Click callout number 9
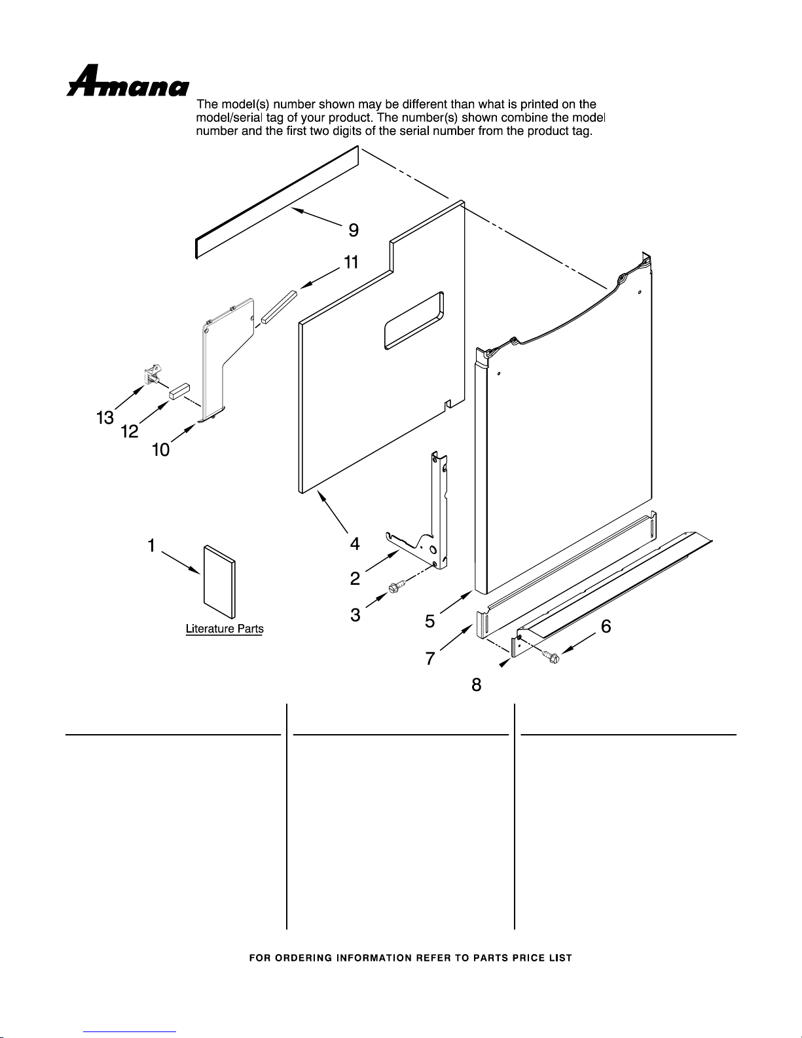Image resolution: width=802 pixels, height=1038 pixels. tap(353, 231)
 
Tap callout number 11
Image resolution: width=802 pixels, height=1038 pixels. tap(351, 263)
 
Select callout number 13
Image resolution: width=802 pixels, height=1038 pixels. tap(105, 417)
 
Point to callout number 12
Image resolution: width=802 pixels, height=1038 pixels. tap(129, 432)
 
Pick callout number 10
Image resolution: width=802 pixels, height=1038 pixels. tap(160, 450)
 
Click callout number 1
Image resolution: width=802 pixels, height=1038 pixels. tap(151, 545)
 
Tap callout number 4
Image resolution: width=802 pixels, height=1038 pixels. tap(354, 544)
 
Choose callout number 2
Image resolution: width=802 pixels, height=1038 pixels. tap(355, 578)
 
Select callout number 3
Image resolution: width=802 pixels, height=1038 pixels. tap(355, 616)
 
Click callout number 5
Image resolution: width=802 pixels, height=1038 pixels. tap(429, 621)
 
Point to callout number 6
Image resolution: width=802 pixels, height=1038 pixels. tap(606, 627)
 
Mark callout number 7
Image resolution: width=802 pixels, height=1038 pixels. tap(429, 658)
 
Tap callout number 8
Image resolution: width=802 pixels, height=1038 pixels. tap(476, 685)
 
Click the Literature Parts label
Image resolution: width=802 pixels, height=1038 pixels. tap(225, 629)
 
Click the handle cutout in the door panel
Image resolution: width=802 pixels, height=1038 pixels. tap(414, 320)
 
